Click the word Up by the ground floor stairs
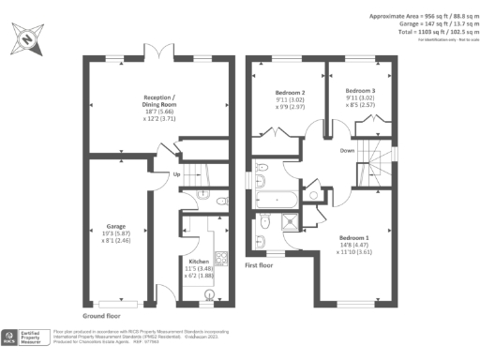pos(176,174)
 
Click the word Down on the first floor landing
pos(348,150)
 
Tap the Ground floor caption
pos(98,316)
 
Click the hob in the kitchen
pos(221,258)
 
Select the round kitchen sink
pos(210,292)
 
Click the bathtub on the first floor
pos(278,199)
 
